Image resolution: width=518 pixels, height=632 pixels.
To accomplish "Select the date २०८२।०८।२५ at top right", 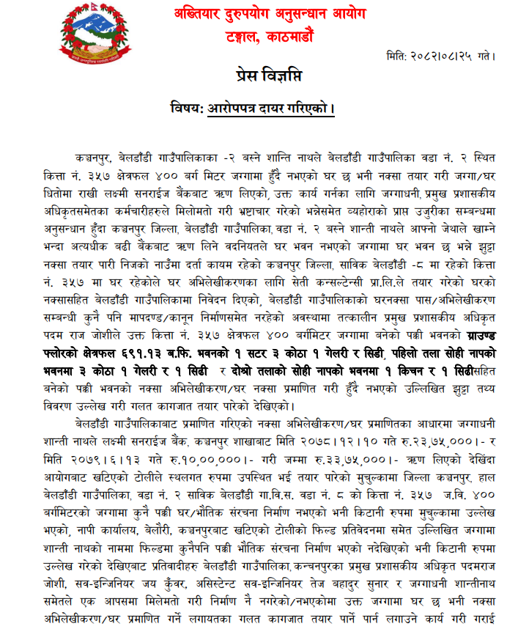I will (x=446, y=56).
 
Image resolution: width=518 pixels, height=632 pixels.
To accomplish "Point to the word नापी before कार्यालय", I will (x=81, y=515).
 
